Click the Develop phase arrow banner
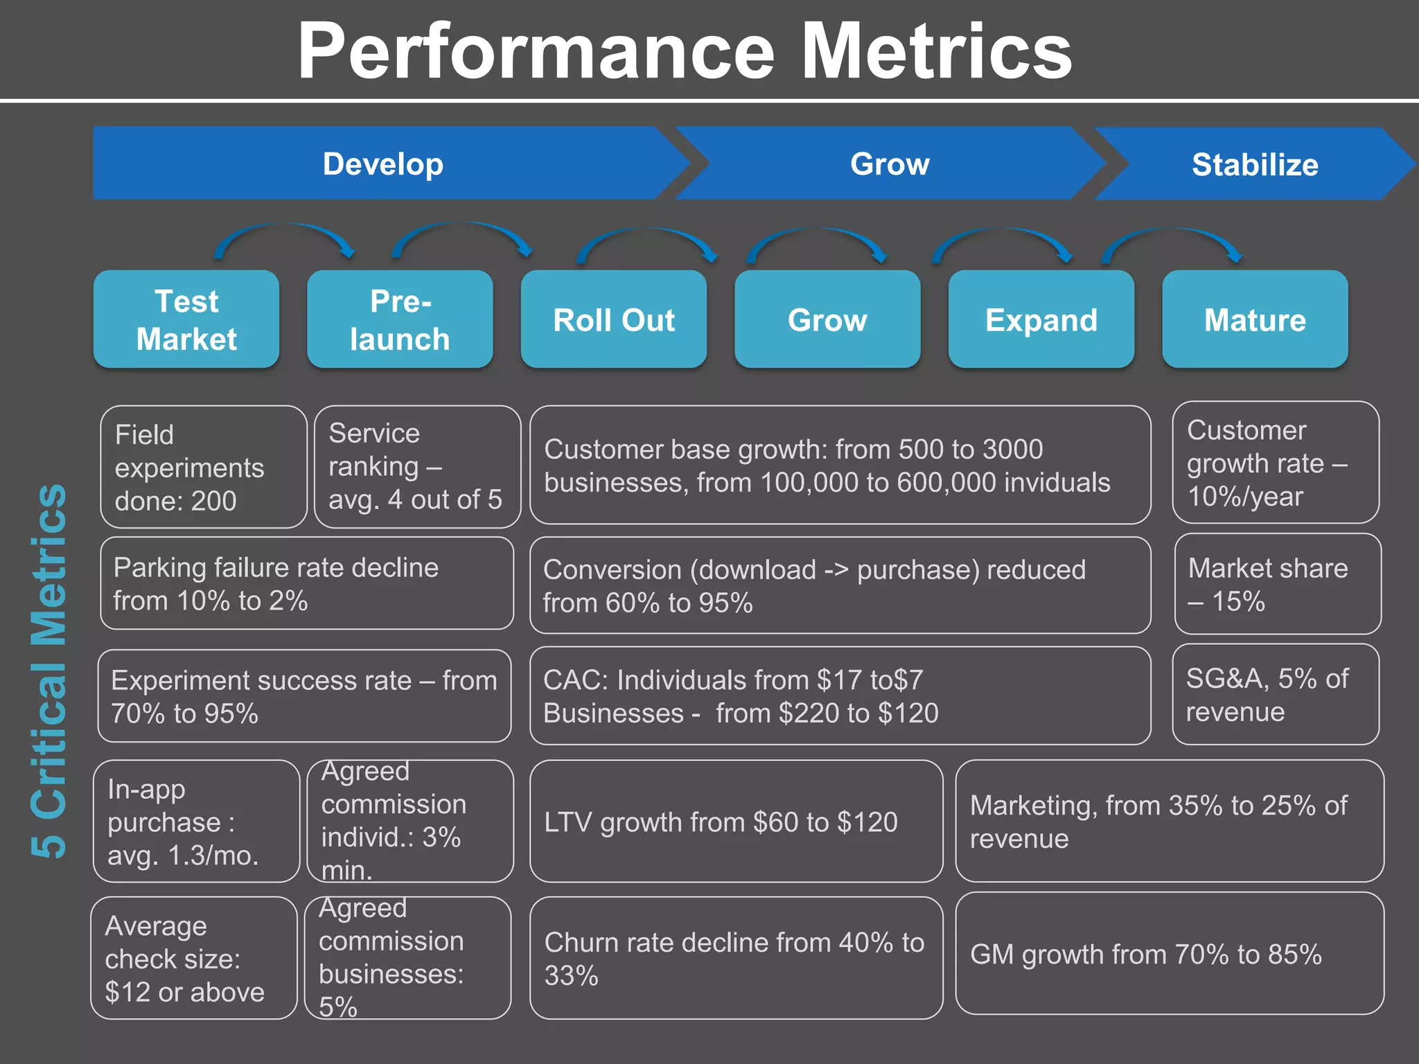[383, 164]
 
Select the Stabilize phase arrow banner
[1255, 164]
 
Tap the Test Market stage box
[186, 319]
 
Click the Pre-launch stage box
[400, 319]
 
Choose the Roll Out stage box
[614, 319]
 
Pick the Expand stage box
[1041, 319]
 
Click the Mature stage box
[1255, 319]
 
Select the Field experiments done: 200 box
[203, 467]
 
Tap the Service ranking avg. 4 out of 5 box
[417, 467]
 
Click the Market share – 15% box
[1278, 584]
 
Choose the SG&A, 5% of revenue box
[1275, 694]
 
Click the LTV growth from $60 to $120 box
[736, 822]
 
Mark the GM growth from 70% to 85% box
[1170, 954]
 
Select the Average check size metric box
[194, 958]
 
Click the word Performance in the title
[535, 51]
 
